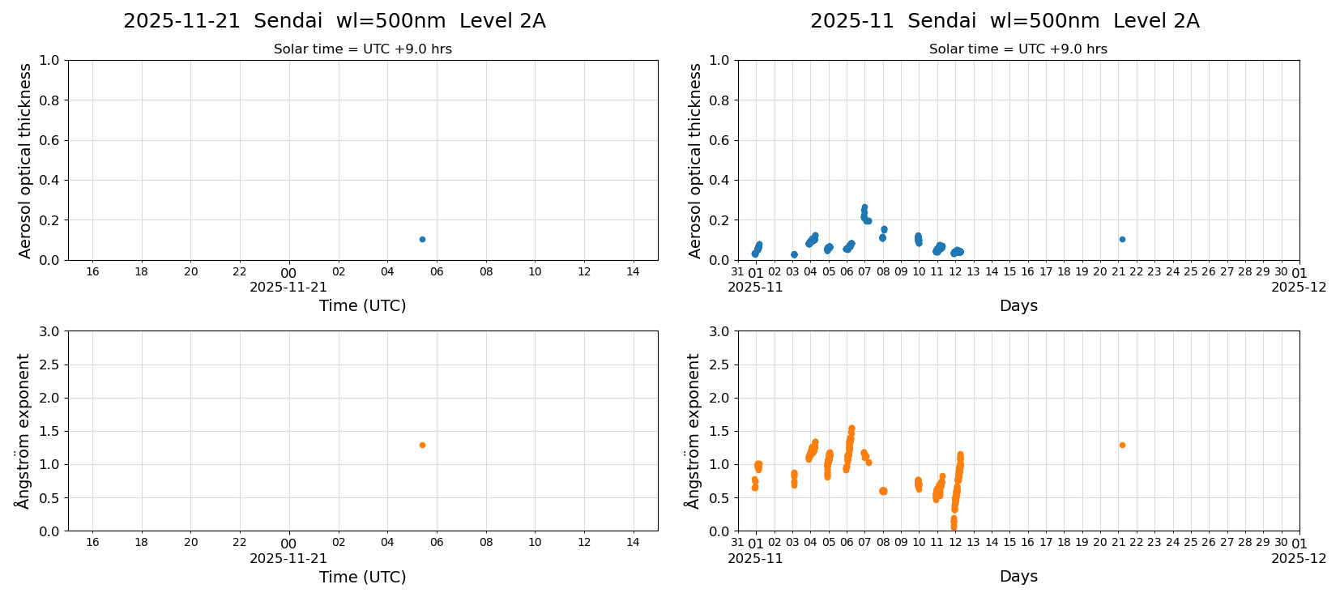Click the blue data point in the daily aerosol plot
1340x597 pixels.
tap(422, 239)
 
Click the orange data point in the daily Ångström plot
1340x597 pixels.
tap(422, 445)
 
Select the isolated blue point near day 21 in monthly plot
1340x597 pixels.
tap(1122, 239)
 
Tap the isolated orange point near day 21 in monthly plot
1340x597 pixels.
tap(1122, 445)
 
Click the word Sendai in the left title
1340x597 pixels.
tap(288, 22)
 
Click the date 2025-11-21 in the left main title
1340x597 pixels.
tap(181, 22)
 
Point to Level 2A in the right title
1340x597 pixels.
tap(1156, 22)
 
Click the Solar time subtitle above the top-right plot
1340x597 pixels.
tap(1018, 49)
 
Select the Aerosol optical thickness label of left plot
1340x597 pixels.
tap(25, 160)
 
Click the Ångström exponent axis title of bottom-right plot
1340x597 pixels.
tap(693, 431)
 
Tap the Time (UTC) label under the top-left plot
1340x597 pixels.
tap(362, 306)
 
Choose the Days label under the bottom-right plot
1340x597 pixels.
tap(1018, 577)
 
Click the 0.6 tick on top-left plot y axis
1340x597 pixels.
tap(49, 140)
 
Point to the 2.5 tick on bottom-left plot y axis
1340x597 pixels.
tap(49, 365)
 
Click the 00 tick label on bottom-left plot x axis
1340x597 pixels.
tap(288, 544)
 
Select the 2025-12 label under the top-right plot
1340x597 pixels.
tap(1299, 287)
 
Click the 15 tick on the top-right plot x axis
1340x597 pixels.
tap(1009, 272)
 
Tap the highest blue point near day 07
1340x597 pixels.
tap(864, 207)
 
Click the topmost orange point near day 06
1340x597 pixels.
tap(851, 429)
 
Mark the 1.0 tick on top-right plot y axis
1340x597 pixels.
tap(719, 60)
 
